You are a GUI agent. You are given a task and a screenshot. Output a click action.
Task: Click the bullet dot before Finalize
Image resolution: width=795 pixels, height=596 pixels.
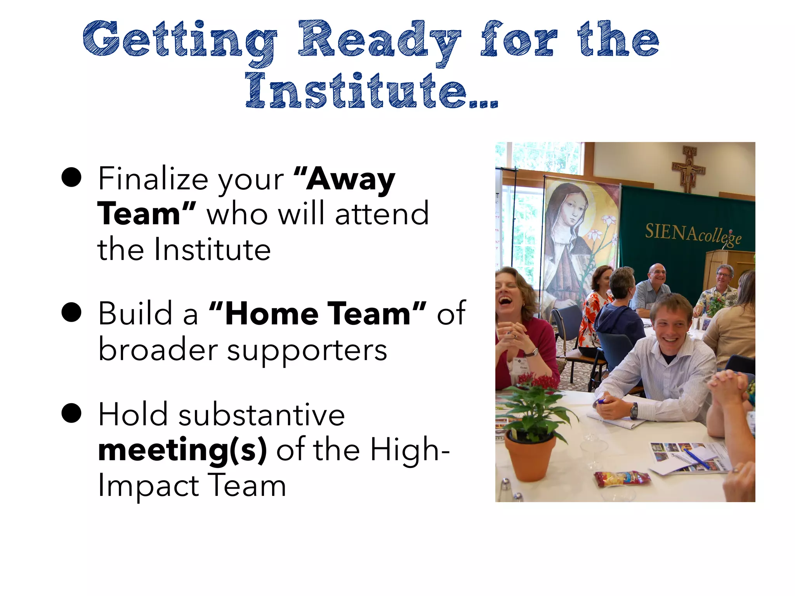pyautogui.click(x=71, y=178)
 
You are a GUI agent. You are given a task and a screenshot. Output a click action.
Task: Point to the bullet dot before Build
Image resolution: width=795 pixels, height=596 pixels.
pyautogui.click(x=71, y=312)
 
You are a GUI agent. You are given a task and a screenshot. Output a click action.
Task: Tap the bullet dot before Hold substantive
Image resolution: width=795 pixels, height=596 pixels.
pyautogui.click(x=71, y=413)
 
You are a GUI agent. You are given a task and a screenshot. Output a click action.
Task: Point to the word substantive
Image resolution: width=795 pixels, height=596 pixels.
pyautogui.click(x=261, y=414)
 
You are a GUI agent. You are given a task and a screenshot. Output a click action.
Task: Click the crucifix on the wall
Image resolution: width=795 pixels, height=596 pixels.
pyautogui.click(x=689, y=168)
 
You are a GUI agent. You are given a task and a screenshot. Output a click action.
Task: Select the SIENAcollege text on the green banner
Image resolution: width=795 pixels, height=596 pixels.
pyautogui.click(x=693, y=234)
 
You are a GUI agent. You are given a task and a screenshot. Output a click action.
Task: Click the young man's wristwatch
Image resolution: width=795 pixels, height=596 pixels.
pyautogui.click(x=634, y=411)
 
